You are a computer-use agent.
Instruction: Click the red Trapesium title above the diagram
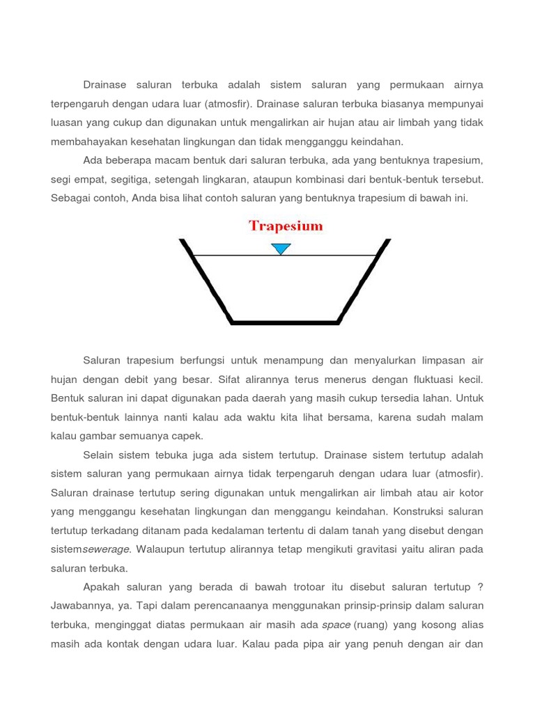click(286, 226)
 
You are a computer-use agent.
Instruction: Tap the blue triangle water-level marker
click(281, 249)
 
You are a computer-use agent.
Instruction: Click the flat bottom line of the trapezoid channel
click(285, 322)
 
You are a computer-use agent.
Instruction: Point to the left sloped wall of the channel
click(206, 282)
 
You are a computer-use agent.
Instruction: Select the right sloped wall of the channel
click(363, 282)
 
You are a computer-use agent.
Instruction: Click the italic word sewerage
click(106, 549)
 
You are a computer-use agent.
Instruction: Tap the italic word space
click(336, 625)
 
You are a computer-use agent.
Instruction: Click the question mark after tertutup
click(480, 587)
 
